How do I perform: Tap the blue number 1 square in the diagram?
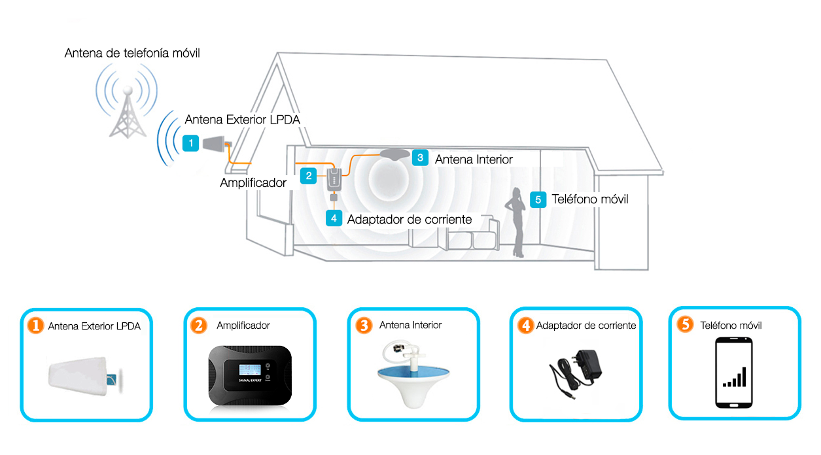(190, 143)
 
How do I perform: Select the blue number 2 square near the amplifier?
(308, 176)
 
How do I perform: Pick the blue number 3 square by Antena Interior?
(420, 158)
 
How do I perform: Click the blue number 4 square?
(334, 218)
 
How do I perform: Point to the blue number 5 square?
(538, 199)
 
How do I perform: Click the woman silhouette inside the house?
(515, 222)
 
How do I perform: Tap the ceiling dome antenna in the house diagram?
(394, 154)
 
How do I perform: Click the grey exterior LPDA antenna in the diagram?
(217, 144)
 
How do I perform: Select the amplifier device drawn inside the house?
(334, 180)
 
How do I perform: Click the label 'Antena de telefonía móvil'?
(132, 53)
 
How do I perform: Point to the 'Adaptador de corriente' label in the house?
(410, 220)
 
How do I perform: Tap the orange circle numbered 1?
(35, 326)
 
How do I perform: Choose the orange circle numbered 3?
(364, 325)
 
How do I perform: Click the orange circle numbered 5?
(685, 324)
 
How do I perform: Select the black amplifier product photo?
(250, 375)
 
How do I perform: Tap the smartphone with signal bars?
(734, 373)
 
